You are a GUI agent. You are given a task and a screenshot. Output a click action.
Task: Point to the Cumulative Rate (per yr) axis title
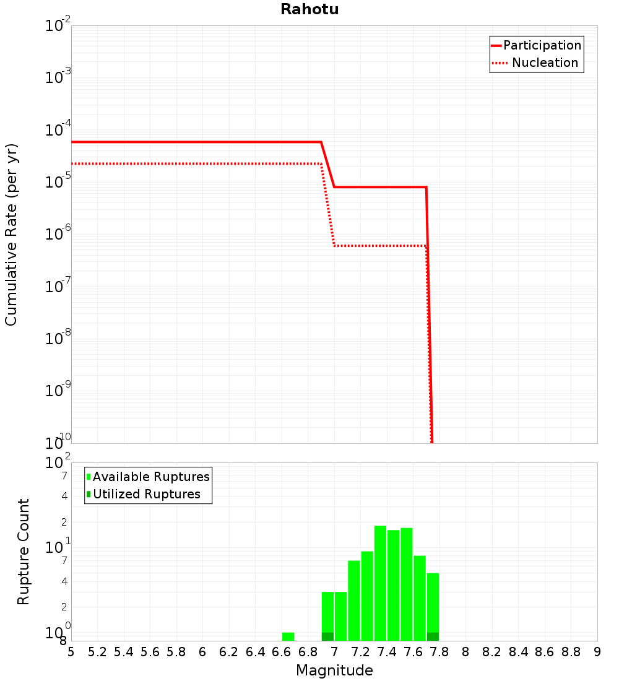click(11, 235)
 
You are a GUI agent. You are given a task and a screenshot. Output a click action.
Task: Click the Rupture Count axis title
click(24, 552)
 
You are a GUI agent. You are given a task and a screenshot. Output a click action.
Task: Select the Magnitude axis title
click(334, 670)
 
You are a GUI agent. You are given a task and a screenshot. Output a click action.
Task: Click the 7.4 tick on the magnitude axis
click(387, 652)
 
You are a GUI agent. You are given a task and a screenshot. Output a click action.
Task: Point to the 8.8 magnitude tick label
click(571, 652)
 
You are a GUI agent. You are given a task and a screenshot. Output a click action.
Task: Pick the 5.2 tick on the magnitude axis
click(97, 652)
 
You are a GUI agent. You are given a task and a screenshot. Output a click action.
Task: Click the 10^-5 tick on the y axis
click(58, 182)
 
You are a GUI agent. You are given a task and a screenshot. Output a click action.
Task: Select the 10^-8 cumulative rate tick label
click(58, 339)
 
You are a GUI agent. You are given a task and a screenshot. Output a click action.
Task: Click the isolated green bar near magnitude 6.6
click(288, 636)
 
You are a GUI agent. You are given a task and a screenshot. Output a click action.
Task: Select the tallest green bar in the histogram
click(380, 583)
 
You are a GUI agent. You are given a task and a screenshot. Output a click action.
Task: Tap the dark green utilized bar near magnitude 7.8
click(433, 636)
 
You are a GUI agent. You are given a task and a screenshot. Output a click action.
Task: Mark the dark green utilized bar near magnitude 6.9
click(327, 636)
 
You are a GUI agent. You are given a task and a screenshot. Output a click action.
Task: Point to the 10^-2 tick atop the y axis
click(58, 26)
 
